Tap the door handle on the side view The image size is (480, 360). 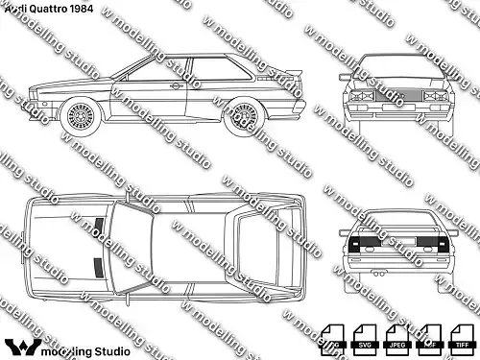point(176,87)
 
